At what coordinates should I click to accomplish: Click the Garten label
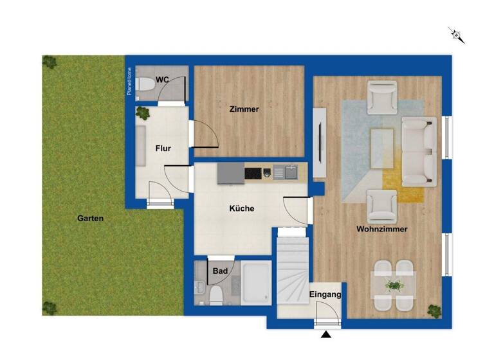(91, 219)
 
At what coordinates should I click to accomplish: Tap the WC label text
(163, 80)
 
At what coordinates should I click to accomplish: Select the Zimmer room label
(244, 109)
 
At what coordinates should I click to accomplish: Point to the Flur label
(163, 148)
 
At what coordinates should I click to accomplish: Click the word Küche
(242, 208)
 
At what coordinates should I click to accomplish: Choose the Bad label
(220, 271)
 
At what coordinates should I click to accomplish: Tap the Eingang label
(325, 295)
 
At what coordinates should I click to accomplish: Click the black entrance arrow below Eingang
(327, 334)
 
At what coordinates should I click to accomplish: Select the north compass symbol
(457, 35)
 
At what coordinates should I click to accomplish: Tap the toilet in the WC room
(145, 84)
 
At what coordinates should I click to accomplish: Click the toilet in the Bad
(217, 295)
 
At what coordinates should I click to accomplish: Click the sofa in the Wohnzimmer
(419, 151)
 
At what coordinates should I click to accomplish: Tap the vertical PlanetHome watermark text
(130, 82)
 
